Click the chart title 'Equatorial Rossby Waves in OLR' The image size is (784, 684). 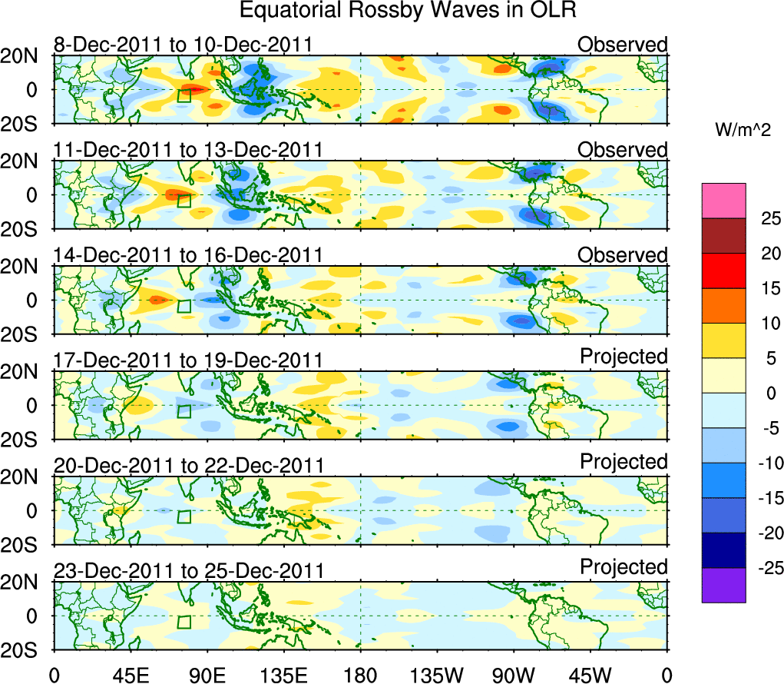[408, 11]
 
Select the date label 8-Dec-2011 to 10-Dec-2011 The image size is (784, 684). [183, 45]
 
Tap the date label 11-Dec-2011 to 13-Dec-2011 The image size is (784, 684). [187, 149]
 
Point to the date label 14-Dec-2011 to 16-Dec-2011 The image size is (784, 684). [187, 254]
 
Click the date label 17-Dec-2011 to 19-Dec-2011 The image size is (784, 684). [187, 360]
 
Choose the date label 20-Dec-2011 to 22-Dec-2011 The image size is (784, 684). [188, 465]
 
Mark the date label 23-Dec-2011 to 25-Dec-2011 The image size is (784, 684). [188, 570]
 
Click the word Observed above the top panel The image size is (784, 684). [623, 45]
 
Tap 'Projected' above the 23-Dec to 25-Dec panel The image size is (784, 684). [624, 567]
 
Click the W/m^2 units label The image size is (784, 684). [743, 131]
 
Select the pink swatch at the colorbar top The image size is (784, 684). [723, 201]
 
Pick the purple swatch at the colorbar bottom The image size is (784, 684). [723, 585]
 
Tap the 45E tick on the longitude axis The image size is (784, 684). [130, 675]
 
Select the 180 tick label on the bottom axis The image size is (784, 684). [360, 675]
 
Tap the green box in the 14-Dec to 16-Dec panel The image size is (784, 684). [184, 306]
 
